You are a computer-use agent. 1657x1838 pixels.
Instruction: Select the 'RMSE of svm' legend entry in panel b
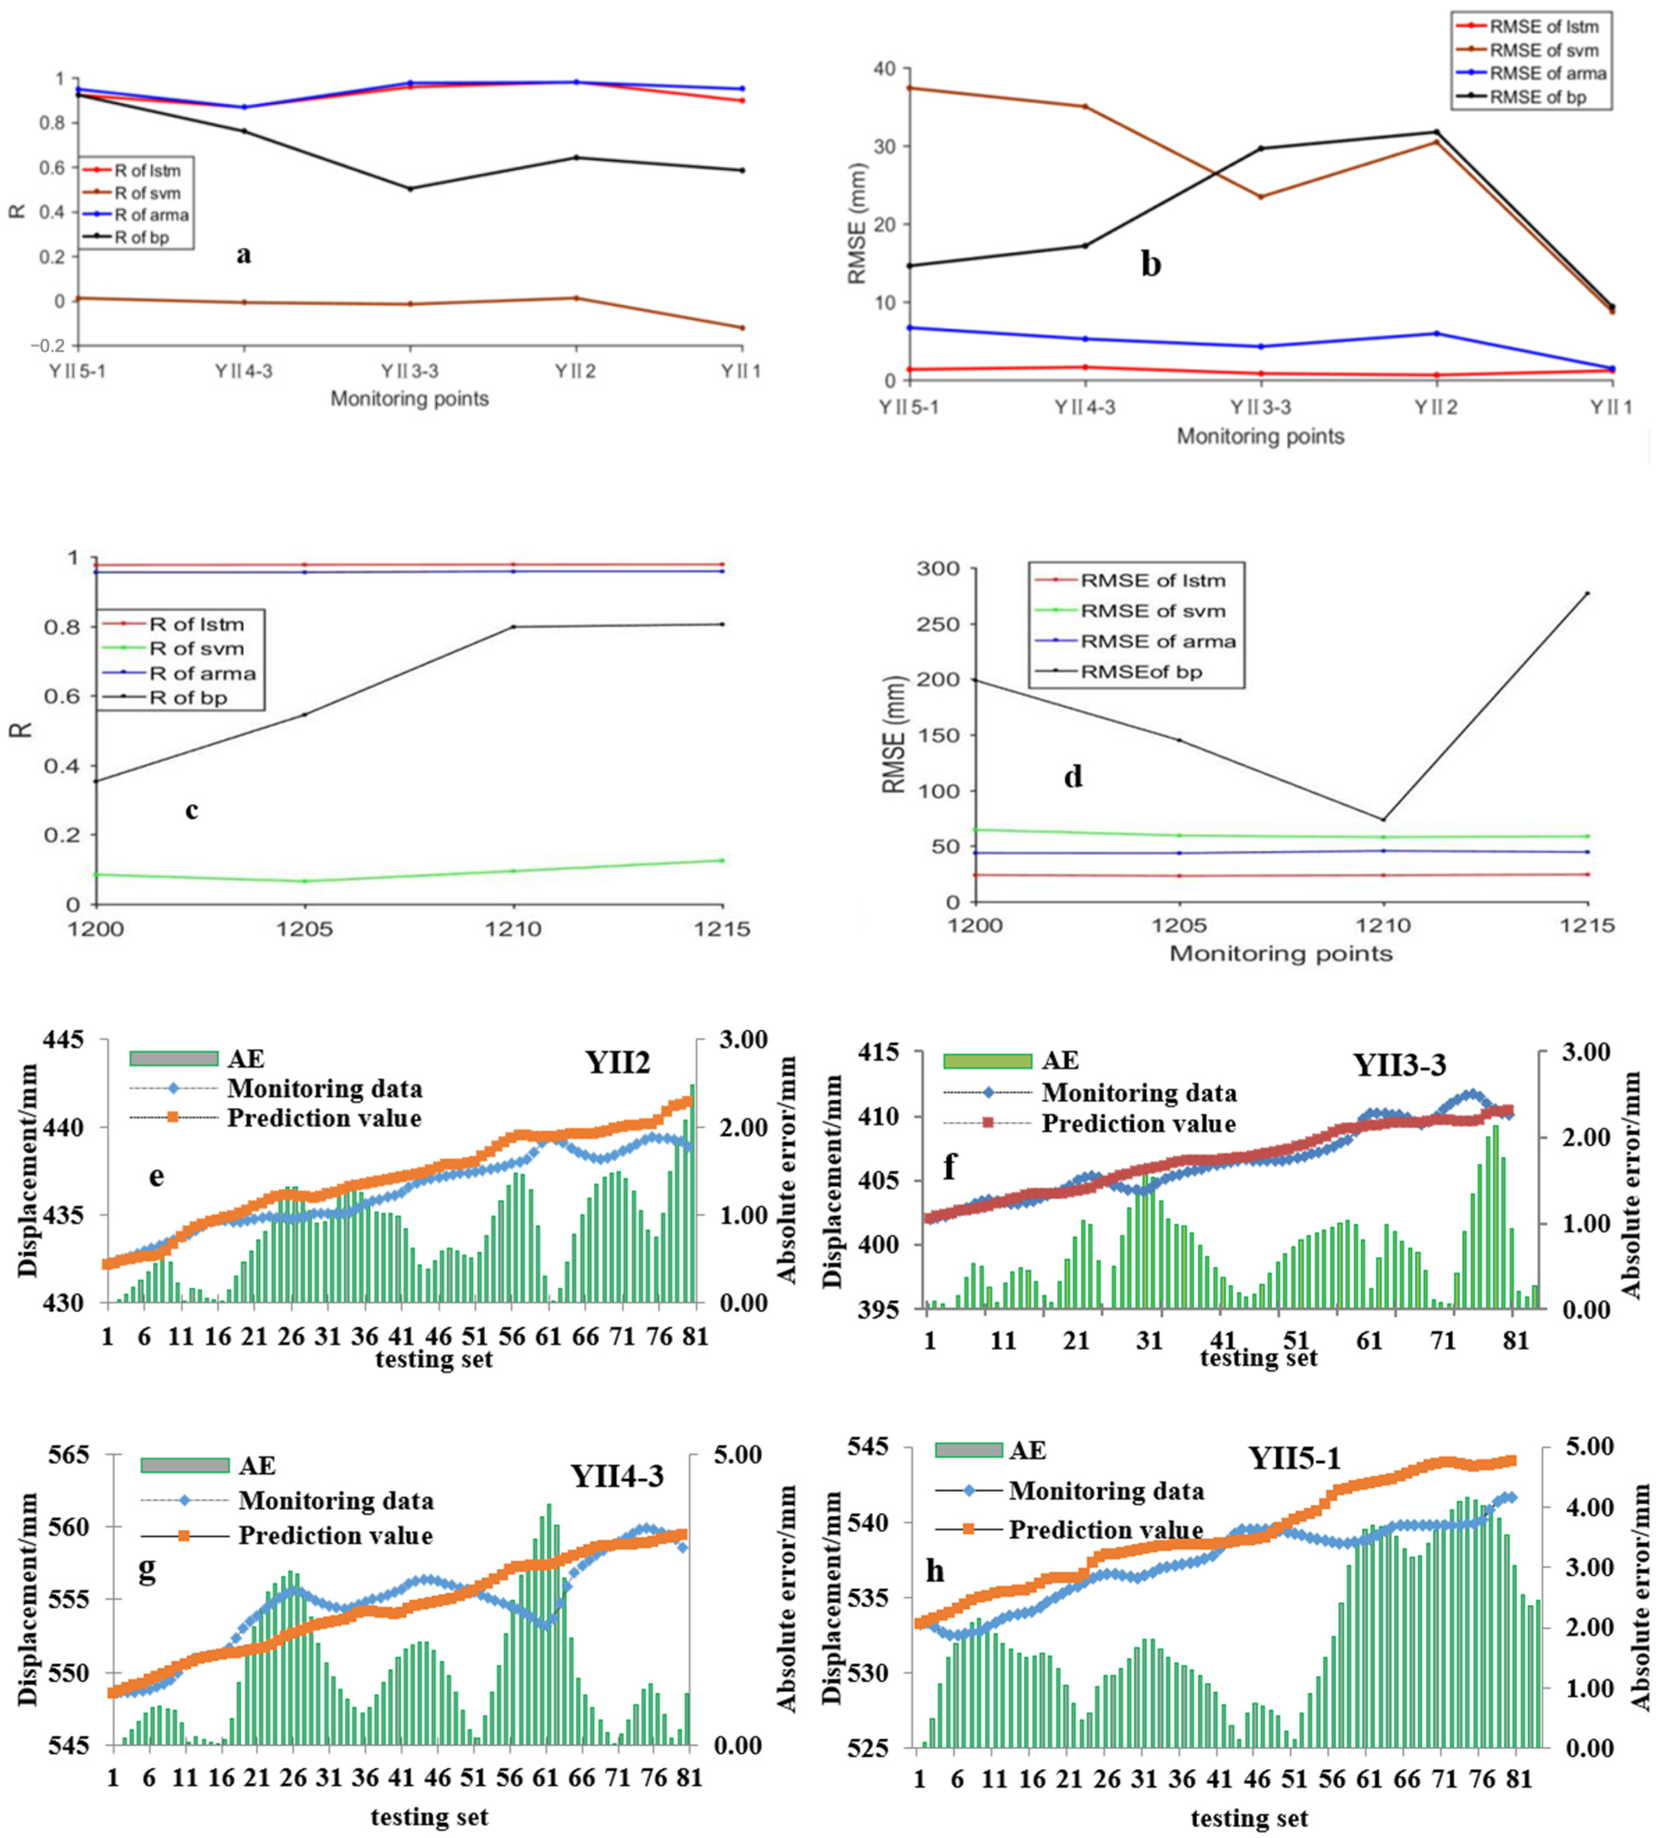tap(1543, 50)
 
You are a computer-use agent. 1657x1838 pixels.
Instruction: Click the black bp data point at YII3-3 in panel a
tap(410, 189)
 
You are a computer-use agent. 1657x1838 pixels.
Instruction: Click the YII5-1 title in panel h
tap(1295, 1458)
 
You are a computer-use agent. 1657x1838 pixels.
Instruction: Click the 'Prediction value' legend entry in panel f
tap(1138, 1123)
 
